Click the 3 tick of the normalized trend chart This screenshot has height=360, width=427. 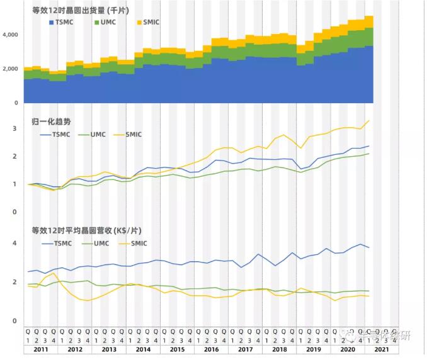[14, 128]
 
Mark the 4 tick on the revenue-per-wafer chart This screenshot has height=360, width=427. [14, 244]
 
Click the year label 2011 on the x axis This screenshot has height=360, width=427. [40, 349]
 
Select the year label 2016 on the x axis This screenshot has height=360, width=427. [211, 349]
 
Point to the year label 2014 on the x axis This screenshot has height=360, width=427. [143, 349]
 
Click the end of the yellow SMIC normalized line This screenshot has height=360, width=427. [368, 120]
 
